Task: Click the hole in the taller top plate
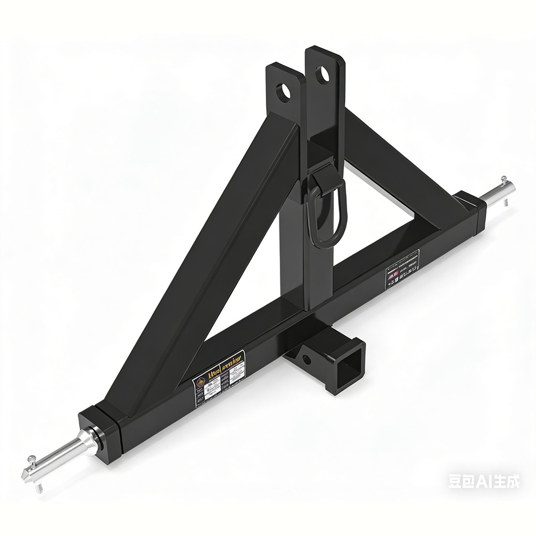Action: [x=323, y=74]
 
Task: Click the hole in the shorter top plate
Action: [x=283, y=91]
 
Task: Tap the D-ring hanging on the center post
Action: [x=325, y=214]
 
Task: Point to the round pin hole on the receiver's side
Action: [x=307, y=360]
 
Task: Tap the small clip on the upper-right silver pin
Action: [x=504, y=182]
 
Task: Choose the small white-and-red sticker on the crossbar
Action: [x=402, y=268]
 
